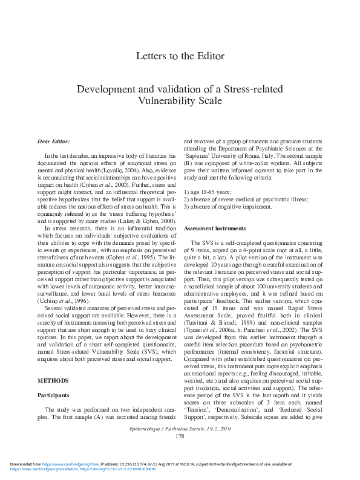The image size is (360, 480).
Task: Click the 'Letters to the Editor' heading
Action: (x=180, y=57)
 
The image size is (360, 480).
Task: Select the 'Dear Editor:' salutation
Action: (x=53, y=141)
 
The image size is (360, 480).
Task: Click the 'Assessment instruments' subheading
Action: (x=214, y=229)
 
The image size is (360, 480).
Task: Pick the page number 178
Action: (x=180, y=436)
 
